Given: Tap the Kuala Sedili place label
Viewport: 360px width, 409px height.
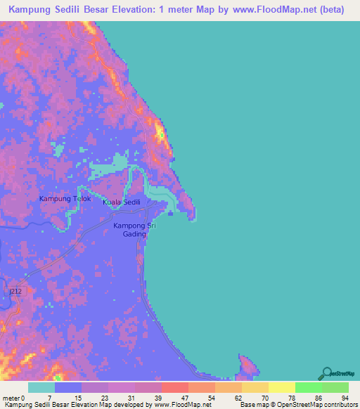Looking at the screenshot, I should [122, 202].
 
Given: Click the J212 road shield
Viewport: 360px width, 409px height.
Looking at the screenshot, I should [16, 290].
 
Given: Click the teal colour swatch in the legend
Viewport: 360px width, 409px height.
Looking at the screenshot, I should [41, 387].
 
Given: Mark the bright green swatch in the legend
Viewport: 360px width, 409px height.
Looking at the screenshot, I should [308, 387].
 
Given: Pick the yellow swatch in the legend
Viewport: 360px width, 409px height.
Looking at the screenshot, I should [281, 387].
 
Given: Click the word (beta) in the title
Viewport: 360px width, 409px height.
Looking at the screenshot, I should [329, 10].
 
